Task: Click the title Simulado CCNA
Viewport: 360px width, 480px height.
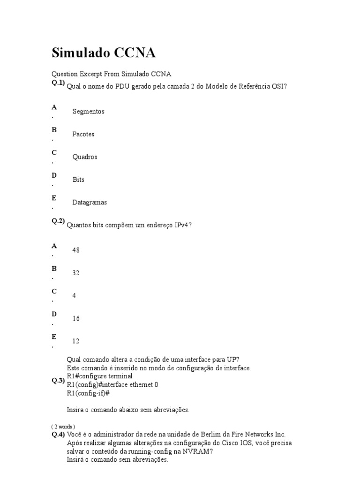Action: [103, 53]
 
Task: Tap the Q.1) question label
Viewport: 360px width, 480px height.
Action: [58, 82]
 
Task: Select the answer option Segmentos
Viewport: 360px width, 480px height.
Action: [88, 112]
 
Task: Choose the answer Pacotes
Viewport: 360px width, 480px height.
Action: [83, 134]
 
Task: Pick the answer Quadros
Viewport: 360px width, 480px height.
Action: [84, 157]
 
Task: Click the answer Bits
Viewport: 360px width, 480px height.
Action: [78, 180]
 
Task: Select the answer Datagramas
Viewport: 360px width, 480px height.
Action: [90, 202]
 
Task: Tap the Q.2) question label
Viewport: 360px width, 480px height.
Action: [58, 221]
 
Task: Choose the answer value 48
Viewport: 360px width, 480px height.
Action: [76, 250]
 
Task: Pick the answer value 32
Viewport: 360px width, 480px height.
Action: [76, 273]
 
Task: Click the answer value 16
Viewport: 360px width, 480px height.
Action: [76, 318]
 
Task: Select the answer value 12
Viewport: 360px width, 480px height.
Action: [76, 341]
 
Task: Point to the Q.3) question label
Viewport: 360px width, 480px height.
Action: [58, 381]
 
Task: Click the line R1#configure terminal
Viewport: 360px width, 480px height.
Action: [99, 376]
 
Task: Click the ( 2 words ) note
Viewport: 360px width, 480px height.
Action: [63, 427]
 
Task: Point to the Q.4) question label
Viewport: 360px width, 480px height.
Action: [58, 434]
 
